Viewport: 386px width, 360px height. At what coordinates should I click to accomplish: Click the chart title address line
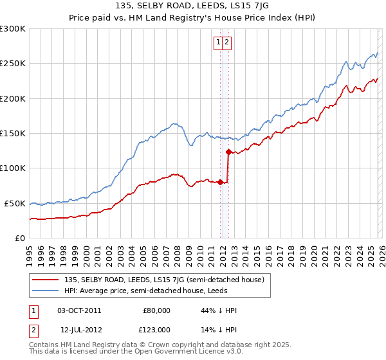pyautogui.click(x=192, y=6)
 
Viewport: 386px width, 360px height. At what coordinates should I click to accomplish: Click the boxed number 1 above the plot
pyautogui.click(x=219, y=42)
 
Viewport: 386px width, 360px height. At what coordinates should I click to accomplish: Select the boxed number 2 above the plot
pyautogui.click(x=228, y=42)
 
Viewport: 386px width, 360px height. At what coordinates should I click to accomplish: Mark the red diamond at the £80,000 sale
pyautogui.click(x=220, y=182)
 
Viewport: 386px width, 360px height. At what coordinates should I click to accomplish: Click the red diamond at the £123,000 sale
pyautogui.click(x=228, y=152)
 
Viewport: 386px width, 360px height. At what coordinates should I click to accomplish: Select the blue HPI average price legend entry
pyautogui.click(x=145, y=291)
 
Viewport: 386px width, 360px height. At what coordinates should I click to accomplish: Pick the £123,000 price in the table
pyautogui.click(x=156, y=329)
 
